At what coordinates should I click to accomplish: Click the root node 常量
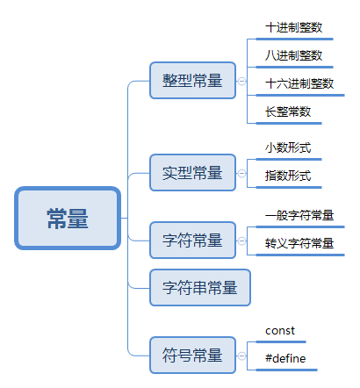coord(67,218)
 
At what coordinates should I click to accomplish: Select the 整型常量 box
coord(192,81)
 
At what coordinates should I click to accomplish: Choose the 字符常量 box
coord(192,240)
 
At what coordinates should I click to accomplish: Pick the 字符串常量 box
coord(199,286)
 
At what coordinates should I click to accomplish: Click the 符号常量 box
coord(192,355)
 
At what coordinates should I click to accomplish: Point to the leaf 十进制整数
coord(293,27)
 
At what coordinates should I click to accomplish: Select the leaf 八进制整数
coord(293,55)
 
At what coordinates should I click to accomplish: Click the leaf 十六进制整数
coord(299,83)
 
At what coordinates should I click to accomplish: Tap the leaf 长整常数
coord(288,111)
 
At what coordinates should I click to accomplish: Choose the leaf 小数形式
coord(288,147)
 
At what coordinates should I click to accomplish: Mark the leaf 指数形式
coord(288,176)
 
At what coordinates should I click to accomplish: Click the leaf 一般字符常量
coord(299,215)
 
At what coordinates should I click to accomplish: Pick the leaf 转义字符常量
coord(299,243)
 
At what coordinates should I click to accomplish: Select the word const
coord(280,331)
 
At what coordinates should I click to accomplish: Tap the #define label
coord(284,359)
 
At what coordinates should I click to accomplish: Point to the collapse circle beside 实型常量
coord(241,171)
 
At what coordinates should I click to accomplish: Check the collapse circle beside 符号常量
coord(241,355)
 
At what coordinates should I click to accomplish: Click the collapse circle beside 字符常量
coord(241,240)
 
